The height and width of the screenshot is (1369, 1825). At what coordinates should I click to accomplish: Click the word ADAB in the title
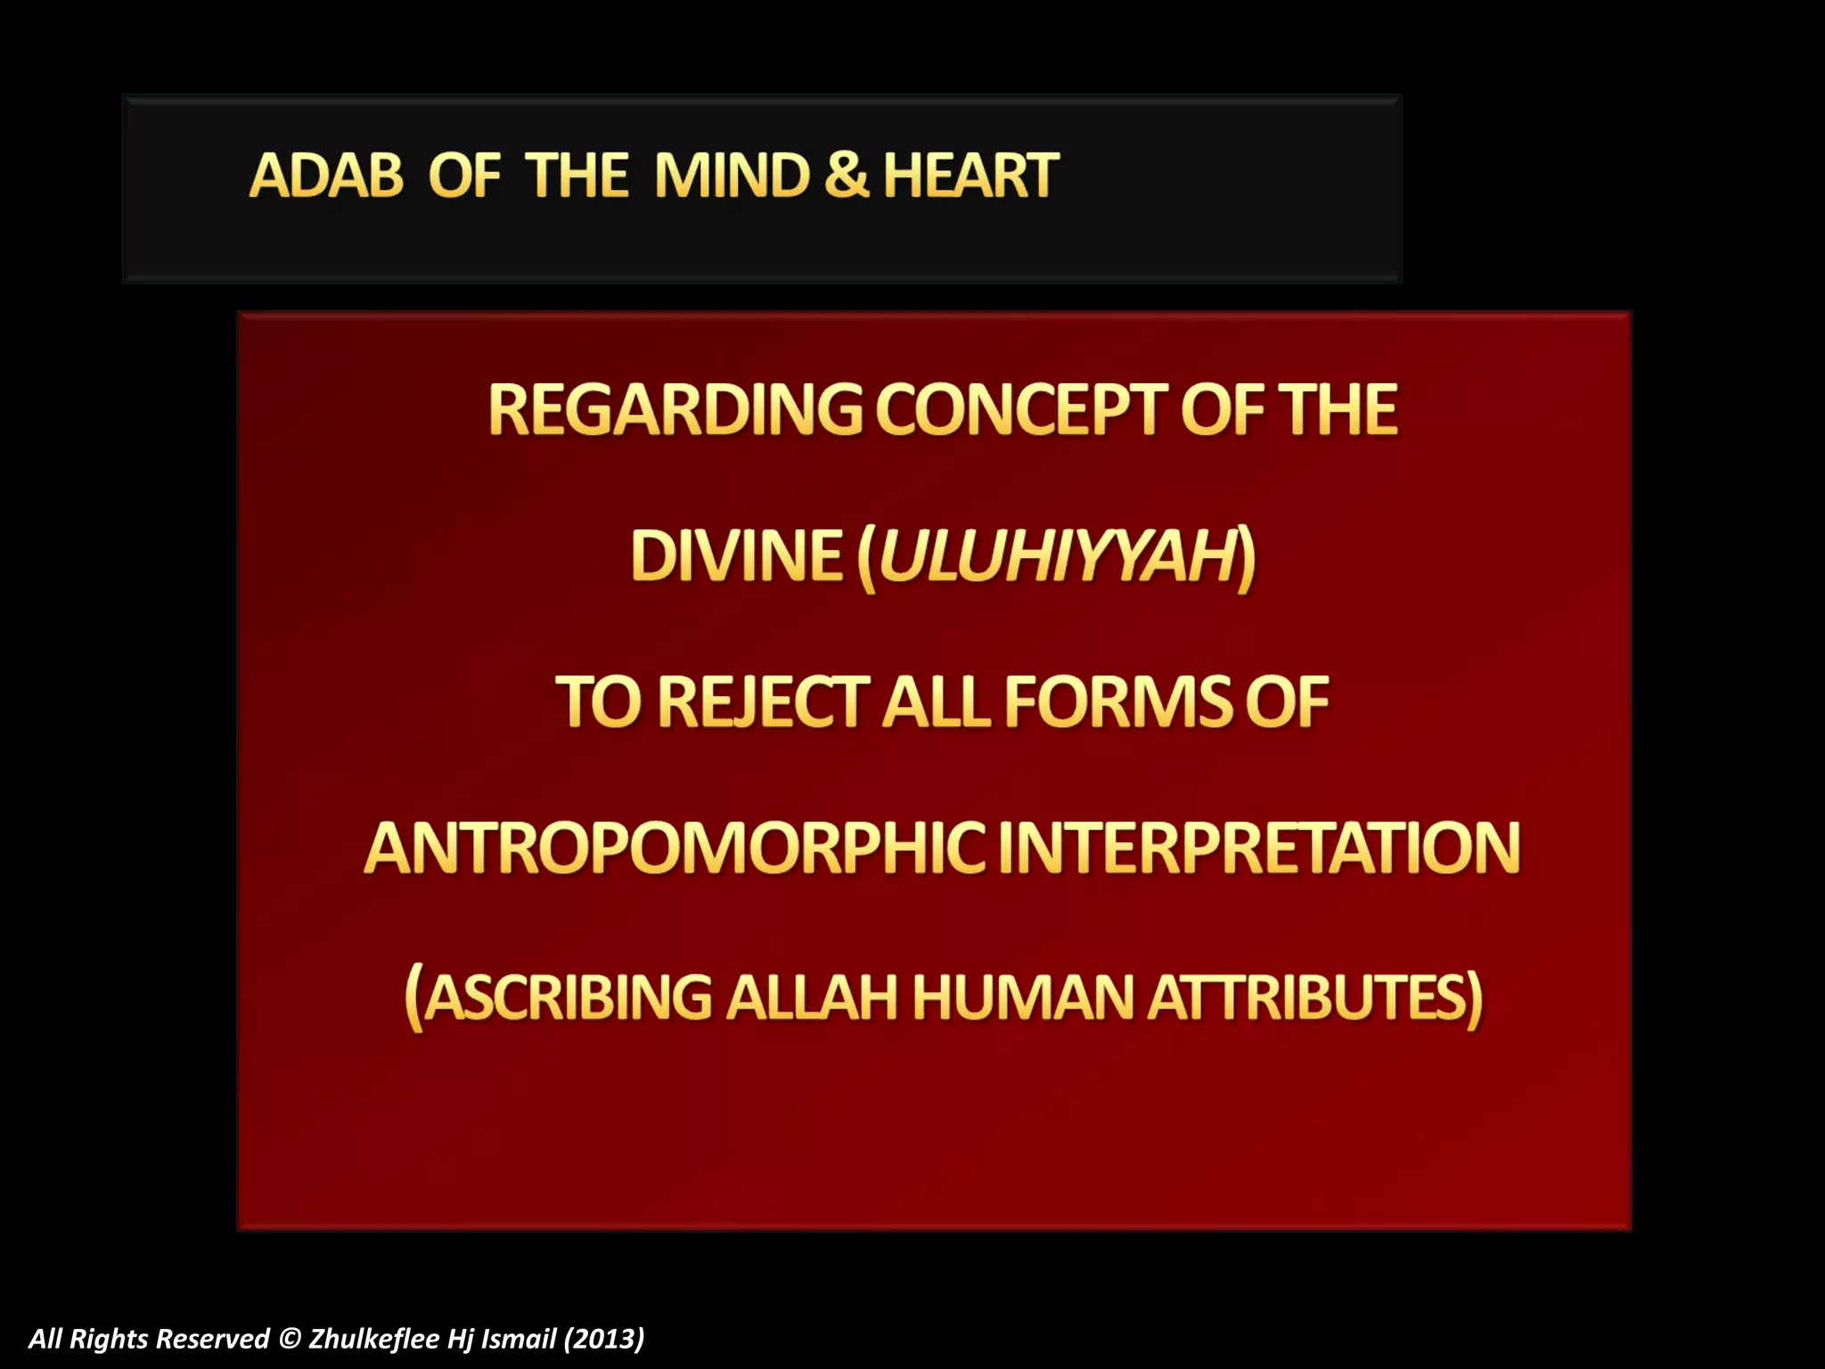coord(326,176)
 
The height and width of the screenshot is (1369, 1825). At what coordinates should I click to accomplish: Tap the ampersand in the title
coord(846,176)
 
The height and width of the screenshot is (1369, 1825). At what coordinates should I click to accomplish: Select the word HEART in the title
coord(970,176)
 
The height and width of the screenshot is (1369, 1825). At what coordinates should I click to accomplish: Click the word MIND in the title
coord(732,176)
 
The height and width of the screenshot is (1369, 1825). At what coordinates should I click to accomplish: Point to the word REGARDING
coord(675,410)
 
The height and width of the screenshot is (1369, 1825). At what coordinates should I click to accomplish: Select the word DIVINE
coord(736,556)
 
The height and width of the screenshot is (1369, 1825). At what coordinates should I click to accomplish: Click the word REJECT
coord(764,702)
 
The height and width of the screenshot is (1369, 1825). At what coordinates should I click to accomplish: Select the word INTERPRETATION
coord(1265,848)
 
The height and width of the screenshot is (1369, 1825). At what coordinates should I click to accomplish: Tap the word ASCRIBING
coord(568,997)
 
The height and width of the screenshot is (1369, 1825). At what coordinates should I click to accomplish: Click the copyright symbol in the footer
coord(290,1339)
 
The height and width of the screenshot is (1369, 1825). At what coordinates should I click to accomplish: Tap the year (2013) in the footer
coord(603,1339)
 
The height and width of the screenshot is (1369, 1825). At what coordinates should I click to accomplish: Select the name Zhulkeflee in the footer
coord(374,1339)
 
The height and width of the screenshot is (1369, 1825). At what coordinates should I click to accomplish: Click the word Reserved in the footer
coord(213,1339)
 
